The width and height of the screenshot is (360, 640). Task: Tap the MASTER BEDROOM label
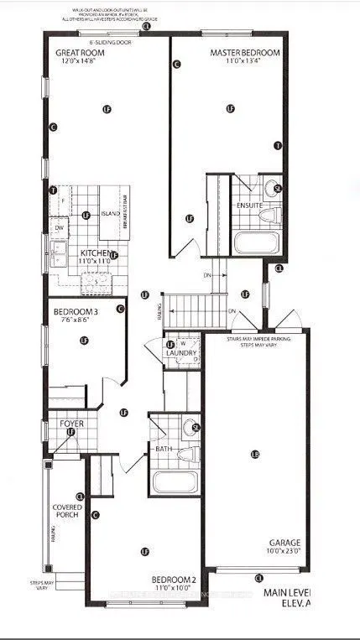(243, 52)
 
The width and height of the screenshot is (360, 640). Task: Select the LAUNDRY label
(181, 354)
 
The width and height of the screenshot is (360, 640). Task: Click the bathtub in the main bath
(175, 483)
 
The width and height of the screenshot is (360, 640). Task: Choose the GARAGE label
(286, 543)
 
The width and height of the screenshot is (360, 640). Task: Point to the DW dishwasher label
(60, 228)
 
